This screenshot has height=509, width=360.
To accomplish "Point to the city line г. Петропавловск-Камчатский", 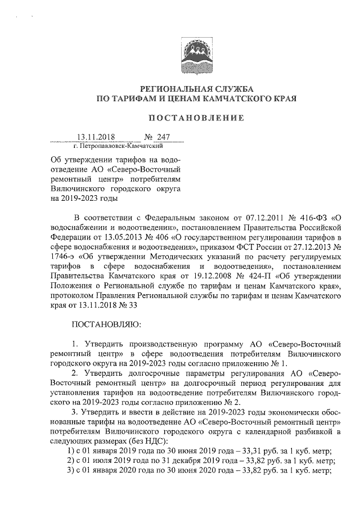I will (x=114, y=146).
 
